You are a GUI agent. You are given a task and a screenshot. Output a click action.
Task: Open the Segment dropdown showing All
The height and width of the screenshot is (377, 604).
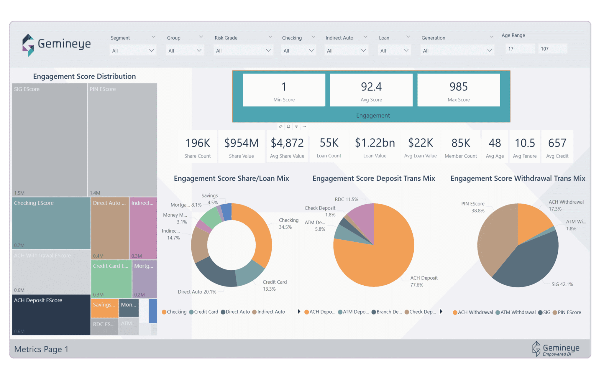(133, 51)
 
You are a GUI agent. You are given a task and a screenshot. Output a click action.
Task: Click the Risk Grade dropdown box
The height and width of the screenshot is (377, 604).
(243, 51)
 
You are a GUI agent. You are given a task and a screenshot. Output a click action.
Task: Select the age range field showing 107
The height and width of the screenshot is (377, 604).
(552, 49)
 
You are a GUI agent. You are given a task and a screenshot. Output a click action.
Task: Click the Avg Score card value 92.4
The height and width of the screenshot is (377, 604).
(371, 87)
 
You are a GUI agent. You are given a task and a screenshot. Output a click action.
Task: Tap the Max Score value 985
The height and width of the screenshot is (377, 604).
(458, 87)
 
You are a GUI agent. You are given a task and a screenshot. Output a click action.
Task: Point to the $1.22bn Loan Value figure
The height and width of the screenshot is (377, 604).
(375, 143)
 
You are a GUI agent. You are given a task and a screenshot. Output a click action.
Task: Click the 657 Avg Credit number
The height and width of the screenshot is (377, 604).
(557, 143)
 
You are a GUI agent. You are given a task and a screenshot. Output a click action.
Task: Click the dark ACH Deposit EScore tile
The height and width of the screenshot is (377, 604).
(51, 315)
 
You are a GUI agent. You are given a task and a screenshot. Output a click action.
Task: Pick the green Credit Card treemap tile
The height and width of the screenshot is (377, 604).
(111, 279)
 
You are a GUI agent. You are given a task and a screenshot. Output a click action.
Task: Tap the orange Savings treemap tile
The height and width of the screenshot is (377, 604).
(104, 308)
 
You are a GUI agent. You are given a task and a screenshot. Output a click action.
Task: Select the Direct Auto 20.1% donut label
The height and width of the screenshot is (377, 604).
(197, 292)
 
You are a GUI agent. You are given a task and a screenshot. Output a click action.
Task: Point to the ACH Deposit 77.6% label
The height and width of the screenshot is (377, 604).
(424, 281)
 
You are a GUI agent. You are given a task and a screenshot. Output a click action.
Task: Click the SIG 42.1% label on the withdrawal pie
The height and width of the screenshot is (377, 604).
(562, 284)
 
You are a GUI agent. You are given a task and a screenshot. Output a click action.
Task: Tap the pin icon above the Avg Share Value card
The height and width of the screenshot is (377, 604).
(280, 126)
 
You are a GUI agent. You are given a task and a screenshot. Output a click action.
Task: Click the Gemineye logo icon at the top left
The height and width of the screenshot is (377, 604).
(28, 45)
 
